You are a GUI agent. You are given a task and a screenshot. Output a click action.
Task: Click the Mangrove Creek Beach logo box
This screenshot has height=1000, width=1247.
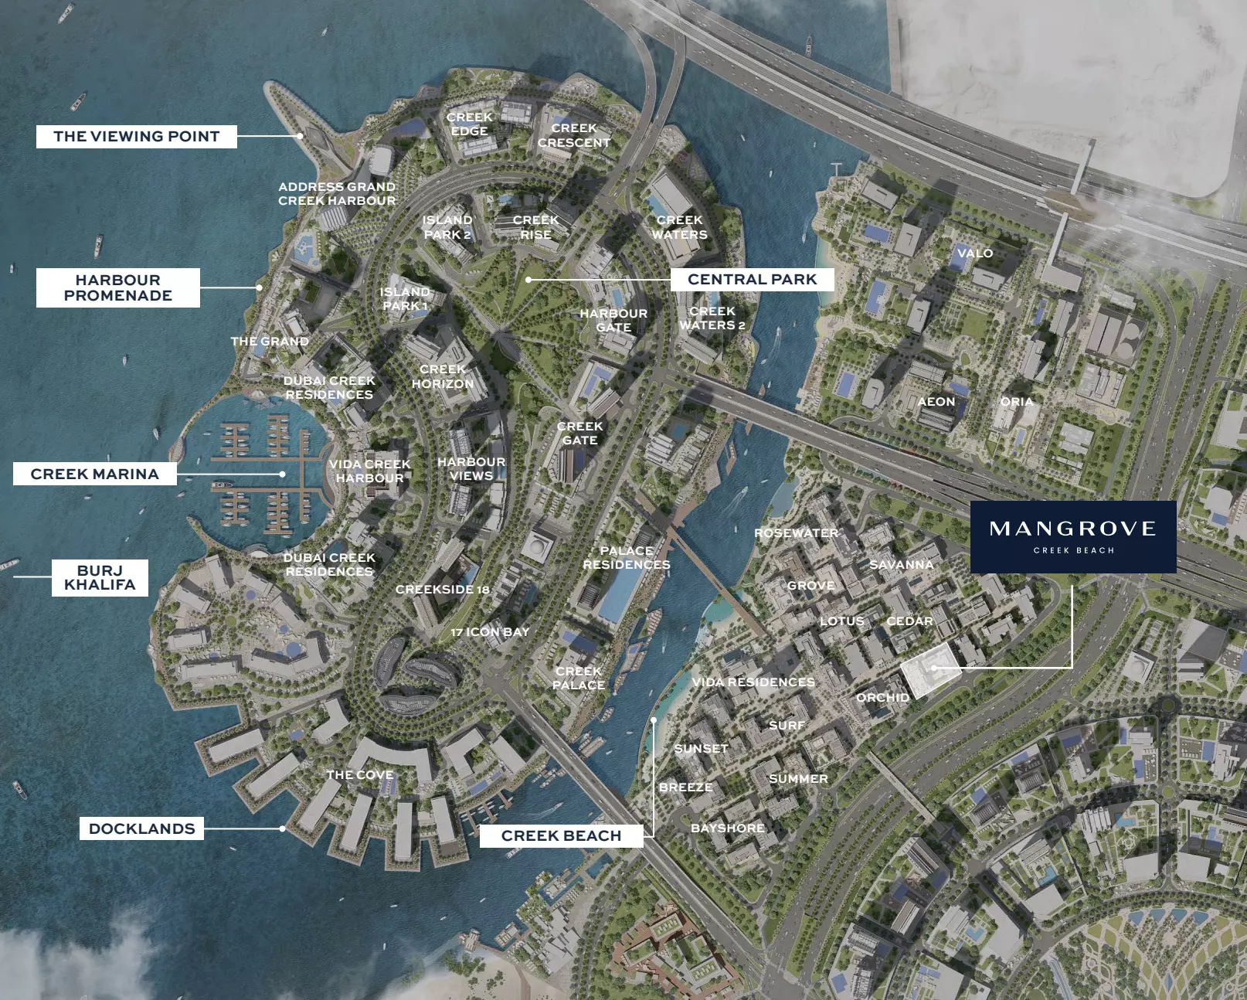(1072, 536)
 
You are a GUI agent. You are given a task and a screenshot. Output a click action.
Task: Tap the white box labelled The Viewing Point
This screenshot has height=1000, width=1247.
(136, 137)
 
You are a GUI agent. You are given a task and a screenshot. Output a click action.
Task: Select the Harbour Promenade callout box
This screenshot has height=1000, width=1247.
(118, 287)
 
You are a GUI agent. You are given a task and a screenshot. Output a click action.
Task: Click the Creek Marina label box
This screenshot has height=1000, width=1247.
(94, 474)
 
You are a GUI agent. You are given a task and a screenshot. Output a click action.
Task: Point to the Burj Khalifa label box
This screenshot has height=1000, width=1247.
(100, 577)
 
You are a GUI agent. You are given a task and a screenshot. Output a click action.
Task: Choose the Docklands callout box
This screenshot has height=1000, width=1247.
(141, 828)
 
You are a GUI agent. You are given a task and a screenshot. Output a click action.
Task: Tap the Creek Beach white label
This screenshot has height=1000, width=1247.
(561, 835)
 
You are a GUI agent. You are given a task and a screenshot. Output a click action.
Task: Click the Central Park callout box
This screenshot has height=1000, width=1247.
(752, 279)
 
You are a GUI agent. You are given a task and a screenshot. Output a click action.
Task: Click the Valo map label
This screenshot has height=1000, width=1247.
(975, 253)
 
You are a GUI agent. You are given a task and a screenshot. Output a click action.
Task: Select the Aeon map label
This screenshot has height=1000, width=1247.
(936, 402)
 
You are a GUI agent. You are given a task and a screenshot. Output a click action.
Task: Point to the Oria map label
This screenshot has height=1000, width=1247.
(1017, 402)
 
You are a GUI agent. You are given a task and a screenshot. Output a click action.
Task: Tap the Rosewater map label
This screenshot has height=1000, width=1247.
(796, 533)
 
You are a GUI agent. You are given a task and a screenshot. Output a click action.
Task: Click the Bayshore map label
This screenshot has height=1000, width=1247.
(728, 828)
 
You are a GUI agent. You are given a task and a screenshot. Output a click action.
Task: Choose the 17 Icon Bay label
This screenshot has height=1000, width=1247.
(490, 632)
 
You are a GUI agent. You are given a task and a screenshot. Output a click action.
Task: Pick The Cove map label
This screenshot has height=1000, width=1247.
(359, 774)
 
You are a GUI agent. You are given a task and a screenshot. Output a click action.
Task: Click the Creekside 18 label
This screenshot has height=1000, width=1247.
(442, 590)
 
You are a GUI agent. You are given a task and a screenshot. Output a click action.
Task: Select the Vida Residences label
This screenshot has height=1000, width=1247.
(753, 682)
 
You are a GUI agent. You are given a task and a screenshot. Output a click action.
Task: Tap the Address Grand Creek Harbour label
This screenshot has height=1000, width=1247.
(337, 193)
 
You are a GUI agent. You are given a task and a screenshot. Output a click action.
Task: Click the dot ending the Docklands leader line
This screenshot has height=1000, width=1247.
(283, 828)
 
